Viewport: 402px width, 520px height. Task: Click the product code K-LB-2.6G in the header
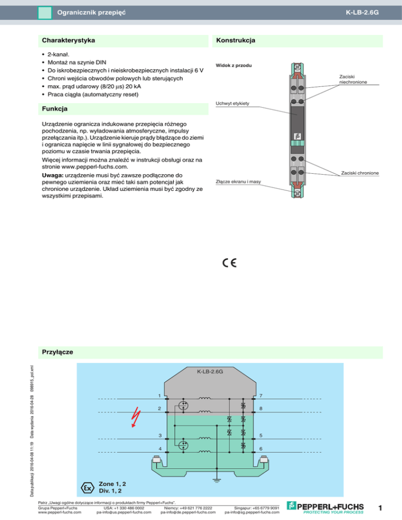coord(362,11)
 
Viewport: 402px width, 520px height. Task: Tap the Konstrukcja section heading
coord(235,40)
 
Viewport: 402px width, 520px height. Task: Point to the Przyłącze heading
coord(57,352)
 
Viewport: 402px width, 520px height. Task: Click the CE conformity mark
coord(228,263)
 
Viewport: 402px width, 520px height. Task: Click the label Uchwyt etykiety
coord(232,104)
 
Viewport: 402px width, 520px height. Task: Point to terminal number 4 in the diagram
coord(160,449)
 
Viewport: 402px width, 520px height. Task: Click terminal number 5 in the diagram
coord(260,436)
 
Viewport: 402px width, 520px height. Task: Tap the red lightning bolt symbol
coord(137,417)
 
